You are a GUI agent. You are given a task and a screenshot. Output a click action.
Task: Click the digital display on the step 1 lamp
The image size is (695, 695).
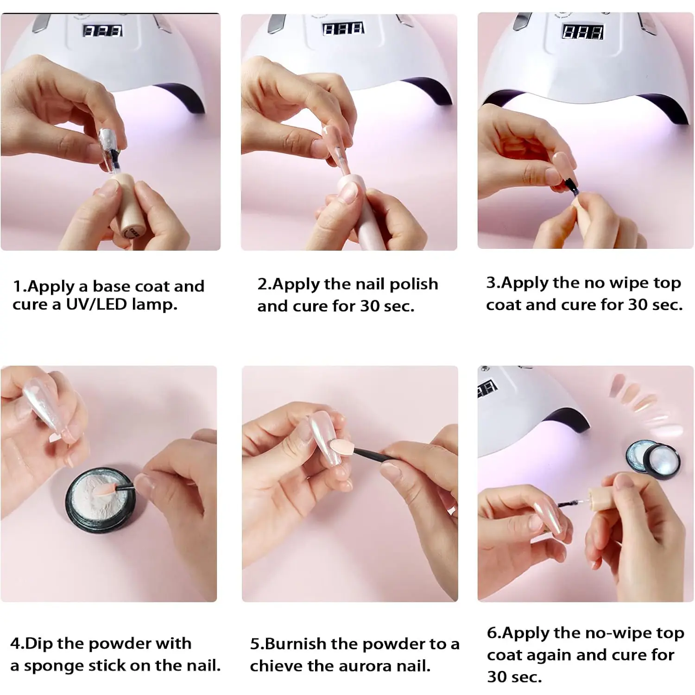click(102, 31)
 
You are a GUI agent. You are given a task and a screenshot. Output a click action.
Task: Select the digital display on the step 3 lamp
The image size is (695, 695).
click(583, 32)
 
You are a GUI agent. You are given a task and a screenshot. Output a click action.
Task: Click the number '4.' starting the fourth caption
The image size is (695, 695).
click(17, 644)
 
